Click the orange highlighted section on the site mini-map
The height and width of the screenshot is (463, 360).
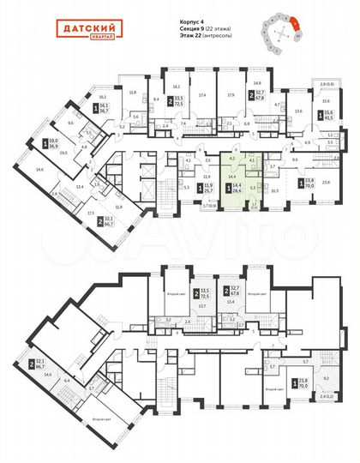tap(295, 26)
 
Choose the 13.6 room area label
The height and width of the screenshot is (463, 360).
tap(297, 111)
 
